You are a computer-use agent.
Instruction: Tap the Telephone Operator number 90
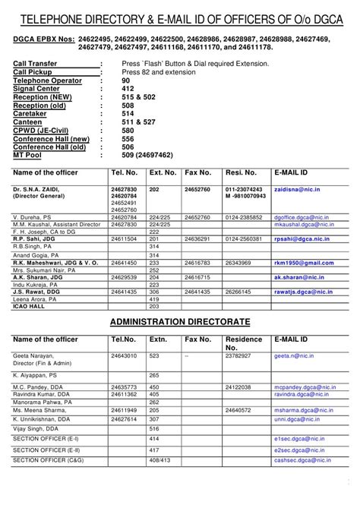tap(126, 79)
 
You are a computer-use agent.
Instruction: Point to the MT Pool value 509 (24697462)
tap(147, 154)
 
